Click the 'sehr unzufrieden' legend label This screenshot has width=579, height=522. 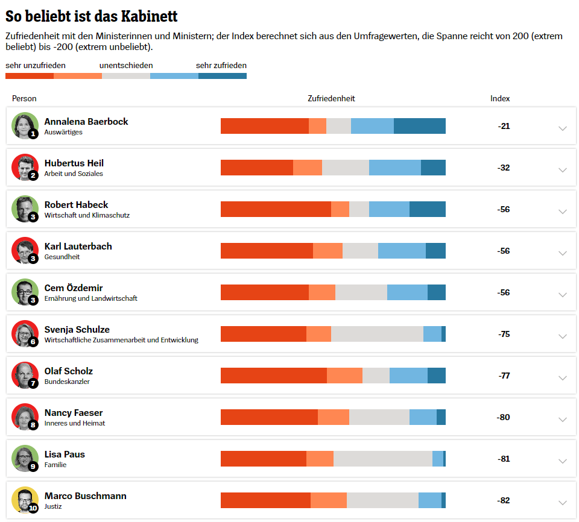click(x=36, y=65)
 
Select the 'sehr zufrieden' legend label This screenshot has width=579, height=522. click(x=221, y=65)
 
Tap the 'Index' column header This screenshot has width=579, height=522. click(x=500, y=98)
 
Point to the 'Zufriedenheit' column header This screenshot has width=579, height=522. click(x=331, y=98)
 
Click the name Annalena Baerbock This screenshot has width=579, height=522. click(x=86, y=121)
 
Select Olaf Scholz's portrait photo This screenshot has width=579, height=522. click(x=25, y=375)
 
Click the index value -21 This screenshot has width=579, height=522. click(x=504, y=126)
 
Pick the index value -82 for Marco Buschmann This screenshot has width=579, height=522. click(x=503, y=500)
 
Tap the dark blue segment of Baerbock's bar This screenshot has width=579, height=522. click(x=420, y=126)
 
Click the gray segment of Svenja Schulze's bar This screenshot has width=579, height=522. click(x=377, y=334)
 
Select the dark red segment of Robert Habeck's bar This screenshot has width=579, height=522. click(x=276, y=209)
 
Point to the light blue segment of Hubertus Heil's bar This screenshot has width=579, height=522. click(x=395, y=168)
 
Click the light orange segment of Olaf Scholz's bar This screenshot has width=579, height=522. click(x=344, y=376)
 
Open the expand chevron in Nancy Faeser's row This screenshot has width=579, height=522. click(x=563, y=420)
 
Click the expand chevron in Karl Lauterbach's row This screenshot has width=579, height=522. click(x=563, y=253)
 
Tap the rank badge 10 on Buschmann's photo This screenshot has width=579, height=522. click(x=33, y=508)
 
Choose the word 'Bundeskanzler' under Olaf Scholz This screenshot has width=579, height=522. click(x=67, y=382)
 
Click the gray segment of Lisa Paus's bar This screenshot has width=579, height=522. click(x=383, y=459)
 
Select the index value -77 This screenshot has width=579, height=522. click(x=504, y=376)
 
